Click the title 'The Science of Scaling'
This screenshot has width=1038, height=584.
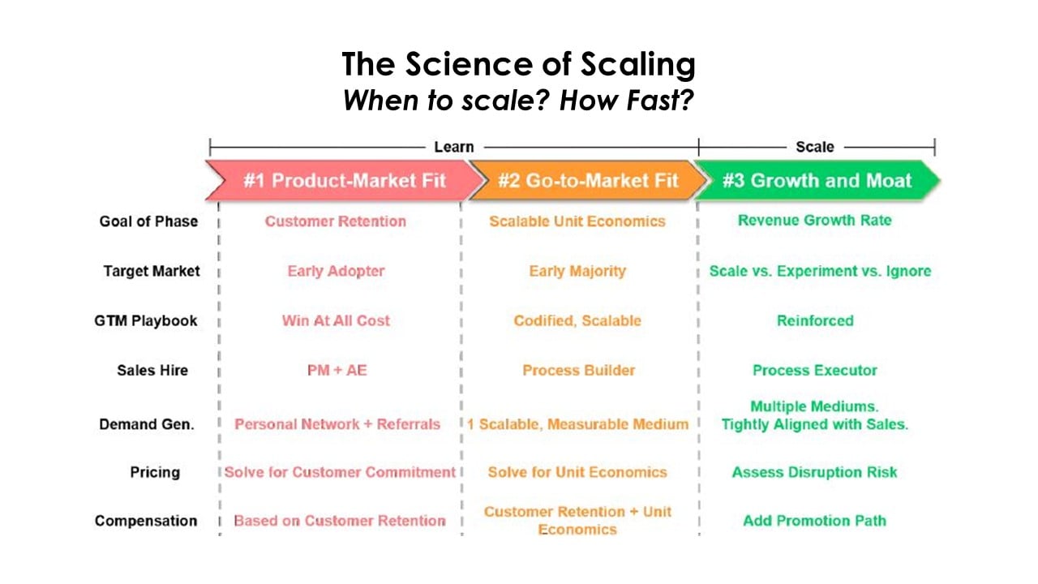point(518,64)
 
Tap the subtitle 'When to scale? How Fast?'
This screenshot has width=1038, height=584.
point(518,101)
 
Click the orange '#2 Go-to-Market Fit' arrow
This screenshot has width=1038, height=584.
point(587,180)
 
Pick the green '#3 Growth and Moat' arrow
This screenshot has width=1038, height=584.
point(817,180)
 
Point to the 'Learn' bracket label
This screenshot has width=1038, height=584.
point(453,147)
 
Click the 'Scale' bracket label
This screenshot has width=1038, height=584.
point(814,147)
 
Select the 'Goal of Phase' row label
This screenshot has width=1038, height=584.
point(148,221)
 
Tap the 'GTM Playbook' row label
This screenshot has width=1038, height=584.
point(146,320)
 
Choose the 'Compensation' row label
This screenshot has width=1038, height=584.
point(146,521)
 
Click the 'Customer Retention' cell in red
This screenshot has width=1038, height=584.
point(335,221)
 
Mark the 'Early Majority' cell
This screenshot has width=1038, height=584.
point(577,271)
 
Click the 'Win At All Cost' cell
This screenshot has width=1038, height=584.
point(336,320)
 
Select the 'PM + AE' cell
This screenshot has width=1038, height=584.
point(335,370)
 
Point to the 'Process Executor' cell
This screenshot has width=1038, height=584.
point(815,370)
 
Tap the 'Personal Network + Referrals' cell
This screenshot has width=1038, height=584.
point(337,423)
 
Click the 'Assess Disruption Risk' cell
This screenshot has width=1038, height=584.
point(815,472)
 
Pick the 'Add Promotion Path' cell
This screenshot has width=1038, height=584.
point(815,521)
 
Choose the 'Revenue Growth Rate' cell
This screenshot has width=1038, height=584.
point(814,221)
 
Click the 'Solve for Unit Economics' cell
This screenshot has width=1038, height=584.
point(577,472)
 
